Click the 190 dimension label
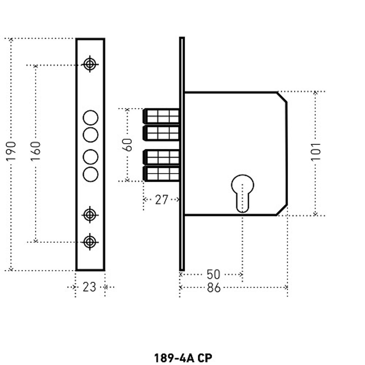pyautogui.click(x=11, y=151)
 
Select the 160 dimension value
pyautogui.click(x=36, y=151)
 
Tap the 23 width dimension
pyautogui.click(x=89, y=287)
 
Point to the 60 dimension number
pyautogui.click(x=127, y=145)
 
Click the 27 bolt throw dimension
pyautogui.click(x=161, y=200)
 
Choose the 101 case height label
pyautogui.click(x=316, y=151)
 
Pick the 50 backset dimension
pyautogui.click(x=213, y=274)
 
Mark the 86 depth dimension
pyautogui.click(x=214, y=288)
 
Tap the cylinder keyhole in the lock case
pyautogui.click(x=242, y=192)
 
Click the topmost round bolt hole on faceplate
pyautogui.click(x=91, y=118)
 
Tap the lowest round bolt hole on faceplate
pyautogui.click(x=91, y=174)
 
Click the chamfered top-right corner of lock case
pyautogui.click(x=281, y=97)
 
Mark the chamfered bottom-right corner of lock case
pyautogui.click(x=281, y=210)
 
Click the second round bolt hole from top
pyautogui.click(x=91, y=135)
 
